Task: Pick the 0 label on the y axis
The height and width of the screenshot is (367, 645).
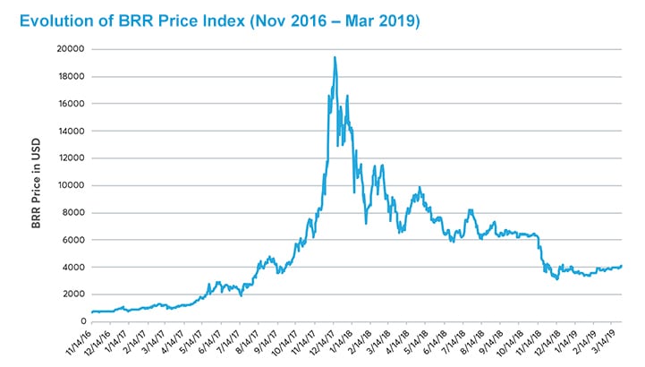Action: pyautogui.click(x=81, y=321)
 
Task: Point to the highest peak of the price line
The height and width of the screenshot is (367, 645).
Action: pyautogui.click(x=335, y=58)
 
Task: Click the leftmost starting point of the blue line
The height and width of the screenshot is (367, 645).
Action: pyautogui.click(x=92, y=312)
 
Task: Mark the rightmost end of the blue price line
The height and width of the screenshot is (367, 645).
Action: pyautogui.click(x=622, y=265)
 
